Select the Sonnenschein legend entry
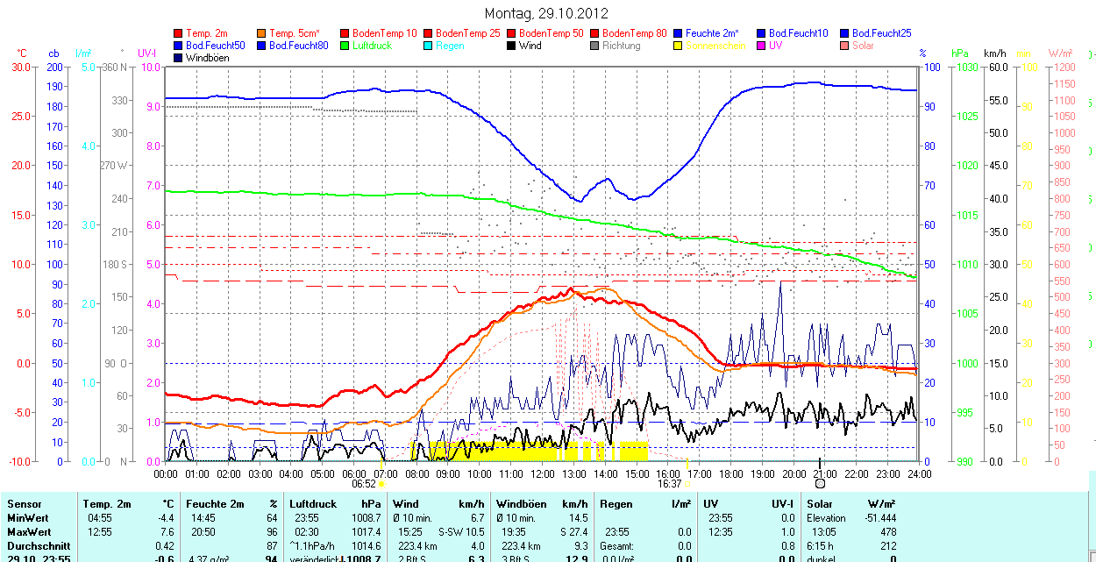[x=715, y=46]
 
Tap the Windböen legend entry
[x=208, y=58]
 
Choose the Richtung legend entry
[x=622, y=46]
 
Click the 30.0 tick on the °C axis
[x=20, y=67]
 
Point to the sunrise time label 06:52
[x=364, y=483]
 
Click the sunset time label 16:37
[x=669, y=483]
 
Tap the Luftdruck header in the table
[x=313, y=504]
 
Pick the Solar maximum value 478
[x=888, y=532]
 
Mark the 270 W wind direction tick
[x=114, y=165]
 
